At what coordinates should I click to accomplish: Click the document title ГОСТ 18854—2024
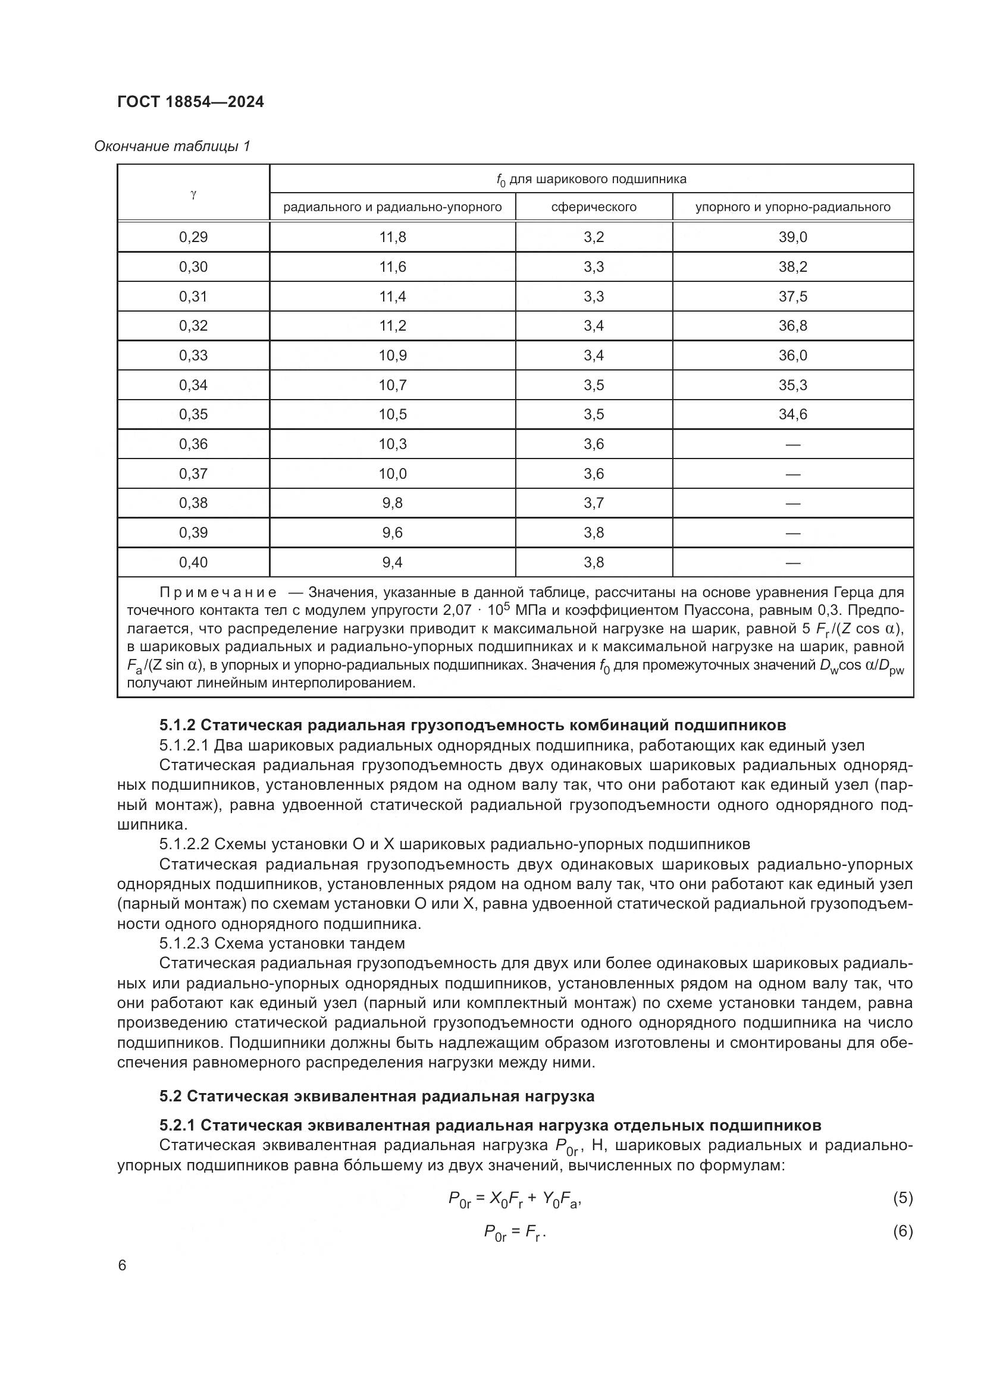click(190, 102)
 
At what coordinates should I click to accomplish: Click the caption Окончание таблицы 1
click(172, 146)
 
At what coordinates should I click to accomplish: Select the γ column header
click(193, 194)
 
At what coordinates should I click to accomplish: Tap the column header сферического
click(593, 207)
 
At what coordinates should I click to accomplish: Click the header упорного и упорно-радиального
click(792, 207)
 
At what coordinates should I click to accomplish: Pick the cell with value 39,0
click(792, 237)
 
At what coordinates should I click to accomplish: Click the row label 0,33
click(193, 355)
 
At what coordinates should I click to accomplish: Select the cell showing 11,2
click(393, 326)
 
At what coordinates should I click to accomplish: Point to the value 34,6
click(792, 415)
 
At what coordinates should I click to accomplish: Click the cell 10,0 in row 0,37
click(393, 474)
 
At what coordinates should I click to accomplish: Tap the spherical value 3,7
click(594, 503)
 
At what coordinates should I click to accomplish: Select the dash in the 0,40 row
click(792, 563)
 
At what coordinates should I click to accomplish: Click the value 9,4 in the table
click(393, 563)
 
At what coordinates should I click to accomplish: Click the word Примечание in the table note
click(218, 592)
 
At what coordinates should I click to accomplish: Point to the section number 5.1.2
click(177, 725)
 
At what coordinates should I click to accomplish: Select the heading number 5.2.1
click(177, 1126)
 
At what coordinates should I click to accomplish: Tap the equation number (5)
click(902, 1198)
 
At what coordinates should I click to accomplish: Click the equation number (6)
click(902, 1231)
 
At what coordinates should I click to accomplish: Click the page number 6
click(123, 1266)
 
